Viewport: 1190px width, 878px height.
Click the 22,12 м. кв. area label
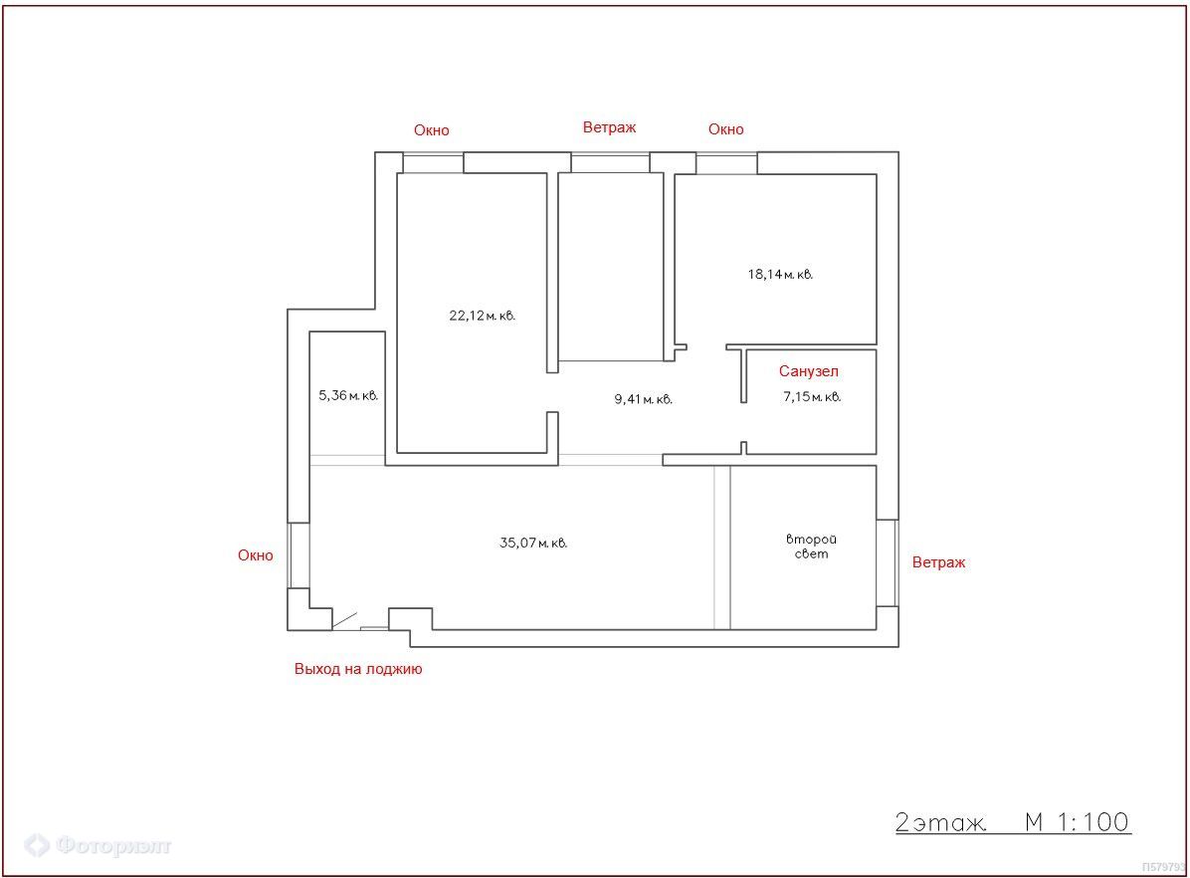click(x=482, y=316)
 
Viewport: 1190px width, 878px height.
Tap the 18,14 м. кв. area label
click(x=780, y=274)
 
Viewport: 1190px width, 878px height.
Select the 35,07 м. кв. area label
click(x=533, y=544)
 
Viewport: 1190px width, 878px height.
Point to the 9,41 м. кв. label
click(x=644, y=399)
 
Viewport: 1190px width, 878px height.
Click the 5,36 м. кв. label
click(x=348, y=395)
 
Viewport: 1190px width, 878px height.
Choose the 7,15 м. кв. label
click(x=812, y=396)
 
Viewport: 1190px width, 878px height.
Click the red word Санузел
click(x=808, y=371)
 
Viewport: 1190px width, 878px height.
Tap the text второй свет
click(x=811, y=547)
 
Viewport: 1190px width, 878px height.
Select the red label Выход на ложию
click(x=358, y=669)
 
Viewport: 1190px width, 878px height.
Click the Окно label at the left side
click(x=256, y=555)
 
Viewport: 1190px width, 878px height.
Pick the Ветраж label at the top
click(x=609, y=127)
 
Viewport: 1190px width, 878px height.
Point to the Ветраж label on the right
click(x=939, y=562)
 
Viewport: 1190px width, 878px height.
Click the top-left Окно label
click(x=432, y=130)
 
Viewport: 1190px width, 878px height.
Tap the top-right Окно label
click(x=726, y=129)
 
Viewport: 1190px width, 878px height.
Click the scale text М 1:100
click(x=1077, y=822)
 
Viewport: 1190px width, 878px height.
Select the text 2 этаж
click(x=941, y=822)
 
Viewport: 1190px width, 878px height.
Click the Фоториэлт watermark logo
click(x=98, y=844)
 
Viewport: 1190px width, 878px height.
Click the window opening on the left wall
click(x=298, y=555)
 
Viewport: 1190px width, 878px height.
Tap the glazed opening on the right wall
click(x=888, y=562)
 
